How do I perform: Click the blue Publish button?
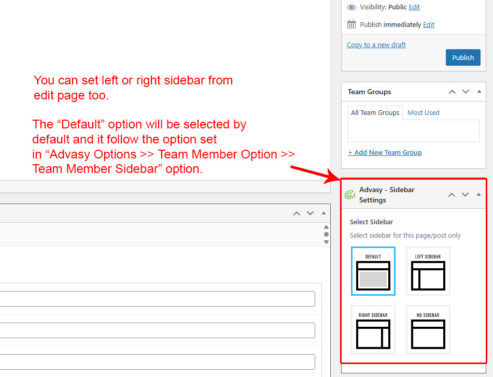point(463,57)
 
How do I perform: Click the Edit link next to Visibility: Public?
point(414,7)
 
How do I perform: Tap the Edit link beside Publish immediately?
point(429,24)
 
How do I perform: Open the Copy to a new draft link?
point(376,45)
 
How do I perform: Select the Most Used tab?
point(423,112)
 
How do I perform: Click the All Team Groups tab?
point(375,113)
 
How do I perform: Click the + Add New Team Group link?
point(385,152)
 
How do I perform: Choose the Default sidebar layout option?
point(373,271)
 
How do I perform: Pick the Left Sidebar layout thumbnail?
point(428,271)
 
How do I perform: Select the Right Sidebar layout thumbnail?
point(373,329)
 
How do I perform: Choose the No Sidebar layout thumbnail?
point(428,329)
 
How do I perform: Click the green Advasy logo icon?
point(350,195)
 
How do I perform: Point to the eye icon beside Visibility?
point(351,7)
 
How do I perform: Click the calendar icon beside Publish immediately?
point(351,24)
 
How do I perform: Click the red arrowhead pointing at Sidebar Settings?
point(333,177)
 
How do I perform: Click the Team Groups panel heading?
point(370,92)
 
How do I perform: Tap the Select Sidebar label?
point(371,222)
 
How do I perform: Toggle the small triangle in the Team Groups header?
point(479,92)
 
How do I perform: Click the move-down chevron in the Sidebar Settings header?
point(466,195)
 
